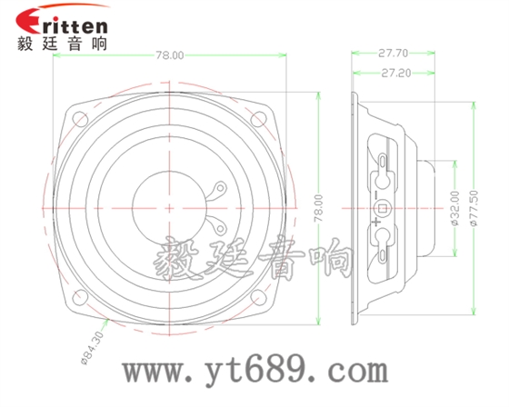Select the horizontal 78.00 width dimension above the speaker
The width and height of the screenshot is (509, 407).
[x=169, y=55]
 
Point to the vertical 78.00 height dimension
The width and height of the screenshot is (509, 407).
[x=317, y=206]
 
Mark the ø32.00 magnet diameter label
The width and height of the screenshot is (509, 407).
[x=453, y=207]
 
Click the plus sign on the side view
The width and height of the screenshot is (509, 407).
[x=374, y=210]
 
